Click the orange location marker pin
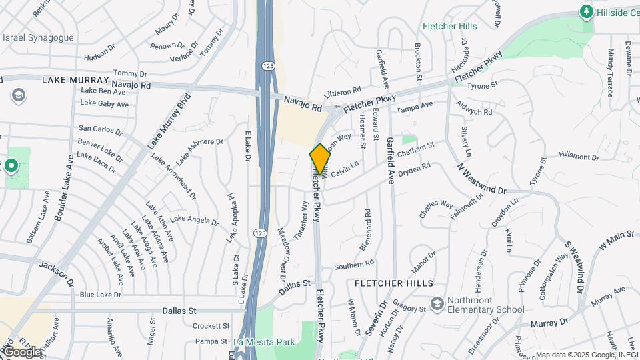(x=320, y=159)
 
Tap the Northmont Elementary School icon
(x=437, y=303)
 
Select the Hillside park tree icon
(x=587, y=11)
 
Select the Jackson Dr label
(x=56, y=270)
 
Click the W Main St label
(x=619, y=239)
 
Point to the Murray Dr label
(x=549, y=323)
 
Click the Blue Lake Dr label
(x=101, y=294)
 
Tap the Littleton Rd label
(x=342, y=90)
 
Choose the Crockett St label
(x=211, y=326)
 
